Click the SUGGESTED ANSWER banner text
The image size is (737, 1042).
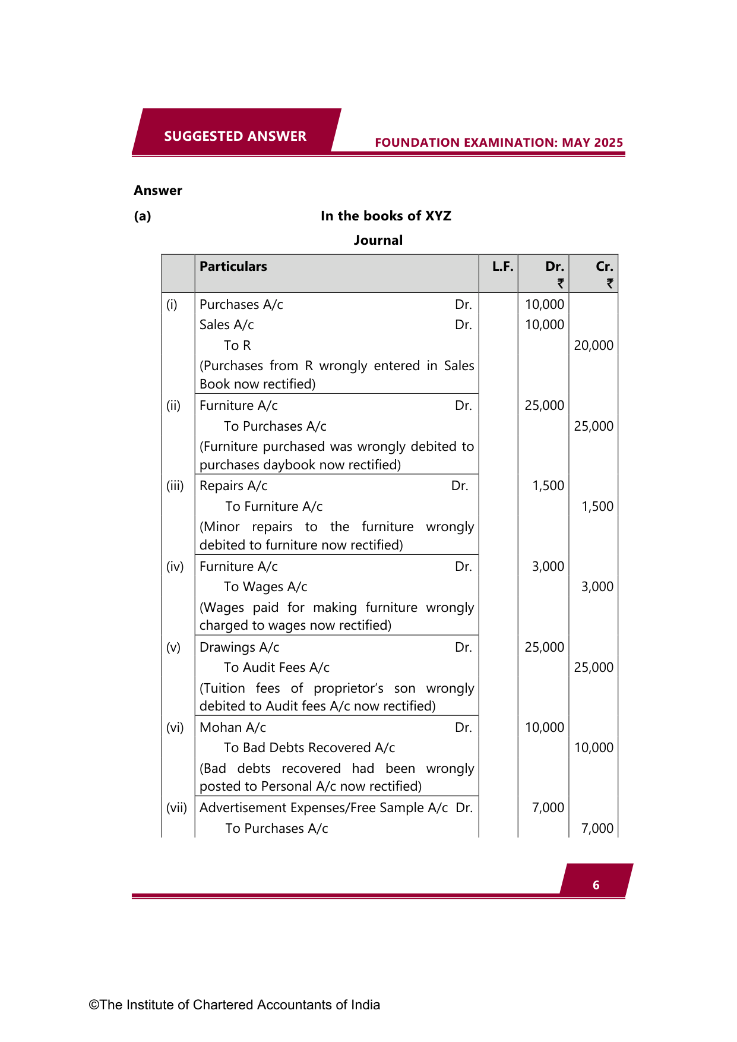(235, 136)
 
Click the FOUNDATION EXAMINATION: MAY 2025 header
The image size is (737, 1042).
(499, 143)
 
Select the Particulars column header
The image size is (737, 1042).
(233, 267)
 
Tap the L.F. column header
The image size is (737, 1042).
(502, 267)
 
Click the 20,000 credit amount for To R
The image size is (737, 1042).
(593, 346)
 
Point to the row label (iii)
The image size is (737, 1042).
(175, 486)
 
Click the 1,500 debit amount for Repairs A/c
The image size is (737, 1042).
(548, 486)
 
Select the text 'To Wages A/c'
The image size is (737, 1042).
(265, 587)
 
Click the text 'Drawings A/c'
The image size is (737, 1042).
(239, 648)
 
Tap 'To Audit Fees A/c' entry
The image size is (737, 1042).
(277, 668)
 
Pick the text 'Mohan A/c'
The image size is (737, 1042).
(233, 728)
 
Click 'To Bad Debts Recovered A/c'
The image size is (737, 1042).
(309, 748)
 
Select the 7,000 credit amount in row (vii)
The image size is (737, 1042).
(597, 829)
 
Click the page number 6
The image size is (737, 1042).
(596, 885)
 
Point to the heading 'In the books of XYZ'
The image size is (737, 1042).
(386, 216)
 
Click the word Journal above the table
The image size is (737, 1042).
(378, 241)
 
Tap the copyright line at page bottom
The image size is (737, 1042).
(235, 1005)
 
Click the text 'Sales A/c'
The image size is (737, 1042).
(227, 325)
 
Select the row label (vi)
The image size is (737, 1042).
(175, 728)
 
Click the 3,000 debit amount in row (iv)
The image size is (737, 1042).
(548, 567)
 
